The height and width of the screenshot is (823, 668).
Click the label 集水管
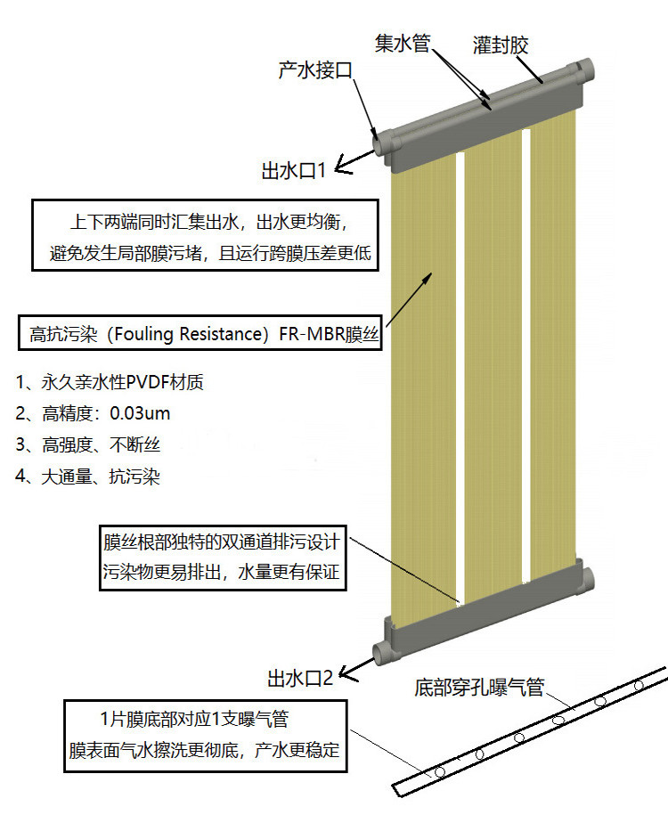point(403,43)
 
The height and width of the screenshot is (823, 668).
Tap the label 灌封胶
point(501,45)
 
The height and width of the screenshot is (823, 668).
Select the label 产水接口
point(315,69)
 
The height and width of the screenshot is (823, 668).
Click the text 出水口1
point(294,171)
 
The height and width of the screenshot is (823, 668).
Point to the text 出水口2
point(300,678)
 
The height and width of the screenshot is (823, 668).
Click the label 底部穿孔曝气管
point(479,687)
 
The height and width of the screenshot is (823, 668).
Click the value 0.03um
point(140,413)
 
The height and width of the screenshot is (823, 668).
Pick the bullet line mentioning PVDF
point(110,381)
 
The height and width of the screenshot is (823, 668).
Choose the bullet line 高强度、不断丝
point(87,444)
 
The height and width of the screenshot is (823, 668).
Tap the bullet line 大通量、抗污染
point(87,476)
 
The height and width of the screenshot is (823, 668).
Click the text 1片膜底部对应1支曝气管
point(194,719)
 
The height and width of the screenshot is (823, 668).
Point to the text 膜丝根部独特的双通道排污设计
point(222,542)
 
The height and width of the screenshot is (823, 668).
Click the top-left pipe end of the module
point(378,142)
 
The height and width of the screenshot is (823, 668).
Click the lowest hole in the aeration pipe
point(440,772)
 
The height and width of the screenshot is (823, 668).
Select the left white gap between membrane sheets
point(460,378)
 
